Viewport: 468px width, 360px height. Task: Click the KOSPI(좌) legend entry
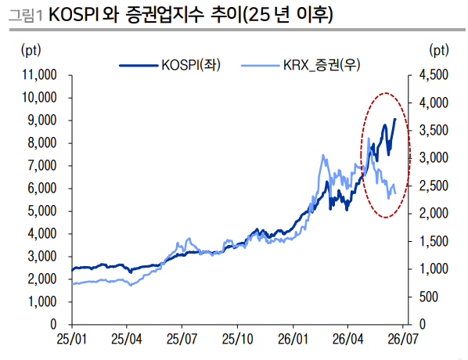coord(170,65)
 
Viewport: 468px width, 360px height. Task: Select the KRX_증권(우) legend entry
coord(301,65)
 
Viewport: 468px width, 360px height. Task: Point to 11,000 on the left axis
coord(39,74)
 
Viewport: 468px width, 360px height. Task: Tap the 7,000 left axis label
coord(42,165)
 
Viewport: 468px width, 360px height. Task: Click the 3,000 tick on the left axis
coord(42,256)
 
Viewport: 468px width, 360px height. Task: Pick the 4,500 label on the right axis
coord(434,74)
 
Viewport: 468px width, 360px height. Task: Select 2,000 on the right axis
coord(434,214)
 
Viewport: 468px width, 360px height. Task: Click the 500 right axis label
coord(429,297)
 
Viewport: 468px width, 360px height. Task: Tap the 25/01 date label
coord(72,339)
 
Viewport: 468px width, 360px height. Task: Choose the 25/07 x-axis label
coord(182,339)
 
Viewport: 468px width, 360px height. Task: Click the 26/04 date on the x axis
coord(347,339)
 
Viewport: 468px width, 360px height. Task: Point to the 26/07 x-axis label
coord(403,339)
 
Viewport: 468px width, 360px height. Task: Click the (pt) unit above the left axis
coord(31,50)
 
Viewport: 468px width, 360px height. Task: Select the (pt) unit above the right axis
coord(439,50)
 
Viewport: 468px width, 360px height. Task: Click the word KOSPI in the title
coord(74,15)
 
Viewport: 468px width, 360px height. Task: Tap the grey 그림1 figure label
coord(26,15)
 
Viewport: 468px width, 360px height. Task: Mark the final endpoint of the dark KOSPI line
coord(395,119)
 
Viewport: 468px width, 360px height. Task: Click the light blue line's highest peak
coord(369,139)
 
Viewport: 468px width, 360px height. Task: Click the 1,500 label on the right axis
coord(434,241)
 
